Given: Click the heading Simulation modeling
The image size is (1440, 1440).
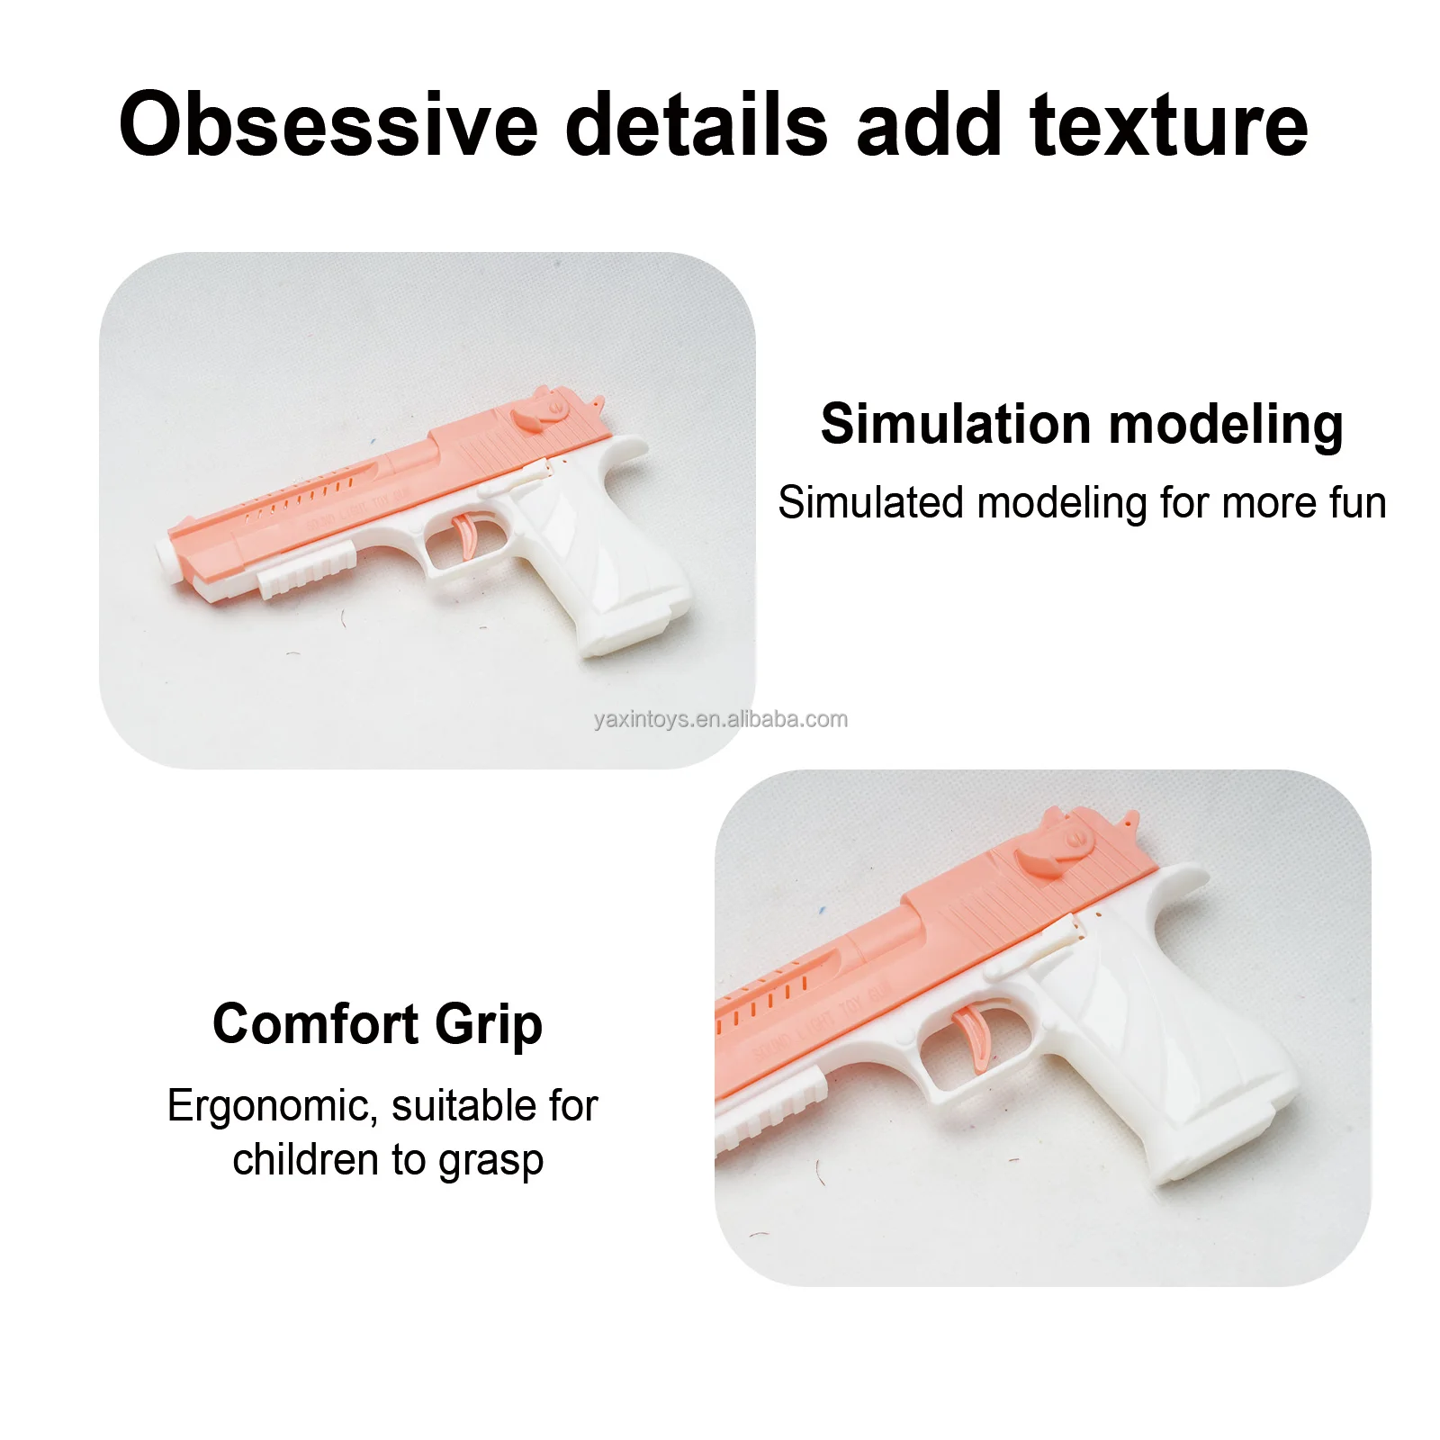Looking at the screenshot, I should click(1082, 424).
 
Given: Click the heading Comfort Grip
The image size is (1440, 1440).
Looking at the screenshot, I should click(378, 1024).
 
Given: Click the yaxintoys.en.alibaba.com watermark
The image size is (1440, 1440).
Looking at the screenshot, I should click(720, 719).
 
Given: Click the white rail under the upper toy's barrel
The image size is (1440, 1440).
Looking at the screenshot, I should click(306, 572).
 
